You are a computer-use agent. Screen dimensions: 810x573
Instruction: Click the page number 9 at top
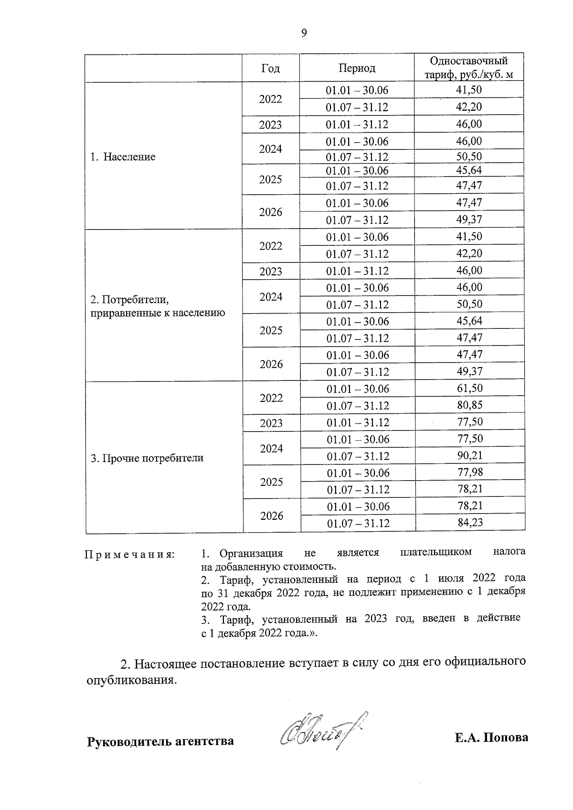click(304, 33)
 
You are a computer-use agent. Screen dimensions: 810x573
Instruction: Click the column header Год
click(270, 68)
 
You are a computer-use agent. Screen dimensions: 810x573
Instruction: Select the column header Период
click(357, 68)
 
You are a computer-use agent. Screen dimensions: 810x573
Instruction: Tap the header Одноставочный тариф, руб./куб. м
click(469, 68)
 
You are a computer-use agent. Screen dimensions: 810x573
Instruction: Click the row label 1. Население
click(123, 157)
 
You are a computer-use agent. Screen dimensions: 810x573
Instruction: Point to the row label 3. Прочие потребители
click(147, 458)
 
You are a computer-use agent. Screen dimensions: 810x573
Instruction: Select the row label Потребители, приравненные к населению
click(158, 306)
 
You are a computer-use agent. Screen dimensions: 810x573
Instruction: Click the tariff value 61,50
click(470, 388)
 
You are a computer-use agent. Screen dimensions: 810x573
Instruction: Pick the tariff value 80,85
click(470, 405)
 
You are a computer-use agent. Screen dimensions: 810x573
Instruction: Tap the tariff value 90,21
click(470, 455)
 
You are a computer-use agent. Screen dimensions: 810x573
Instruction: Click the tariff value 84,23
click(470, 523)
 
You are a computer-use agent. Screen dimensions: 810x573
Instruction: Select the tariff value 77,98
click(470, 473)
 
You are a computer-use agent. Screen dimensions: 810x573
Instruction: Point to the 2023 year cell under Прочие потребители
click(271, 423)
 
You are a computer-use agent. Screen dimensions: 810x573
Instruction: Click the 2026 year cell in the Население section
click(271, 212)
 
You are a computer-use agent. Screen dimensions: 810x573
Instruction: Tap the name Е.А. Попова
click(491, 737)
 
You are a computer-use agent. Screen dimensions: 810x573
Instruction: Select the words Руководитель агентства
click(160, 741)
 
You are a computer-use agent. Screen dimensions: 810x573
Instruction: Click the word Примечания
click(130, 555)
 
